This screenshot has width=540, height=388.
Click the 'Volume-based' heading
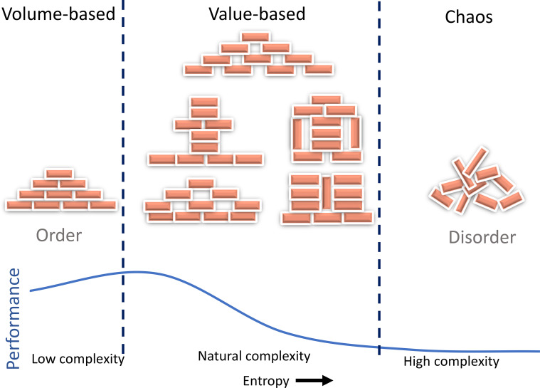click(58, 14)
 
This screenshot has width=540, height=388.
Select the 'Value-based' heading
click(257, 14)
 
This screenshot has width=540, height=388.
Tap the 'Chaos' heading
click(469, 16)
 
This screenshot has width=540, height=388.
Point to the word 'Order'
click(59, 236)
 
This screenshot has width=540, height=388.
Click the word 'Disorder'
click(482, 237)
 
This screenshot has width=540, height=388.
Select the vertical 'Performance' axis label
click(13, 318)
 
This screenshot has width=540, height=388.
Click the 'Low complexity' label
click(78, 359)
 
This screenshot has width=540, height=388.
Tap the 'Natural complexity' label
click(254, 356)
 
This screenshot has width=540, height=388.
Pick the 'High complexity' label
click(452, 362)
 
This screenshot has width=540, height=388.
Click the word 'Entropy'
click(266, 381)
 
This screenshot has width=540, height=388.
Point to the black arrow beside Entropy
click(314, 380)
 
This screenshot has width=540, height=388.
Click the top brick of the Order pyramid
click(60, 173)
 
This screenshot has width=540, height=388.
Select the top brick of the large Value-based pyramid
click(255, 37)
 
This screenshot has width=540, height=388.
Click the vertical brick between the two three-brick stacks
click(327, 193)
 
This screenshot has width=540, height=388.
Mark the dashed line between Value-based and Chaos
click(379, 177)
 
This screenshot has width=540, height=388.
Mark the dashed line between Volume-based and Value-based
click(123, 177)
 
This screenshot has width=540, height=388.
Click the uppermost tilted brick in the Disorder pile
click(476, 161)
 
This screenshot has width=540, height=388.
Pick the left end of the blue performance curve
click(31, 291)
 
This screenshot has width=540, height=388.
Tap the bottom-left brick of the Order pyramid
click(19, 205)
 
